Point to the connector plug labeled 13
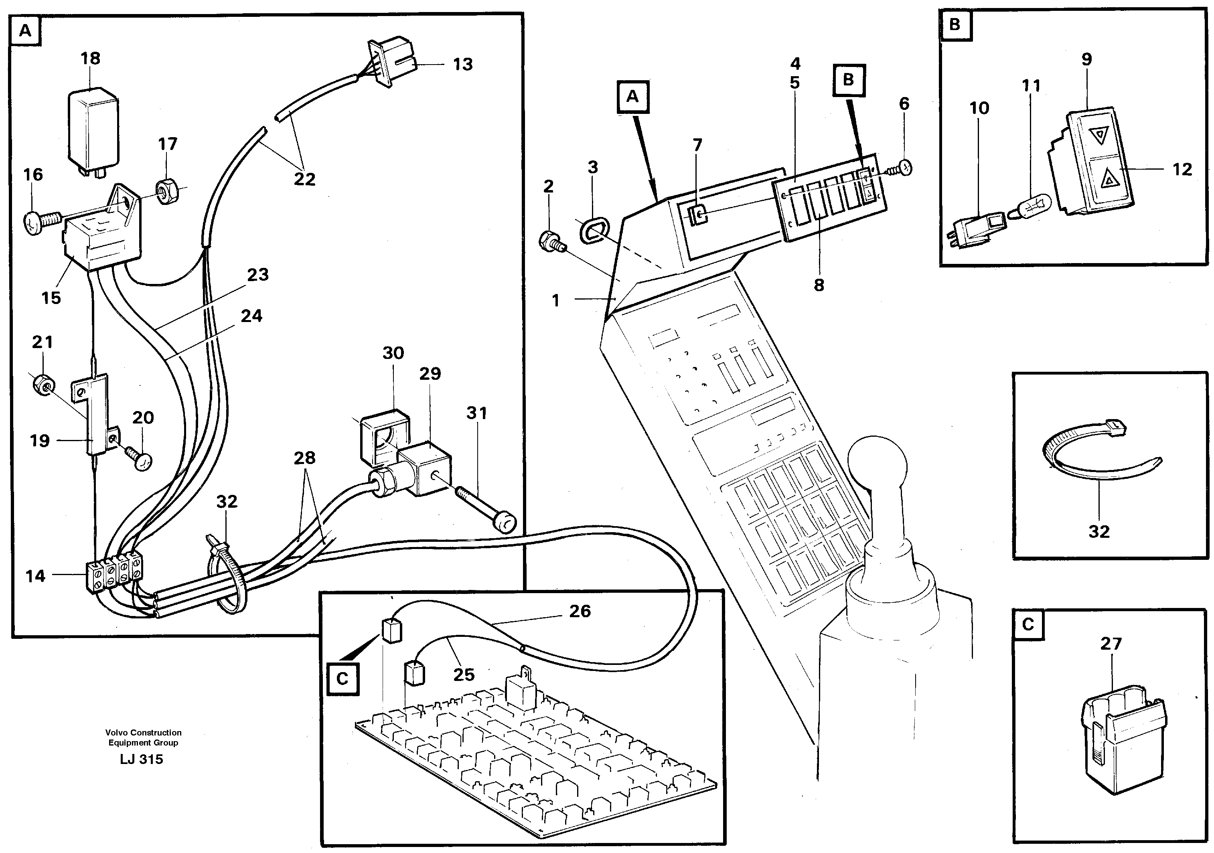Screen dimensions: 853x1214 [x=394, y=63]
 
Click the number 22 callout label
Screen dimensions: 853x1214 [x=304, y=179]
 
